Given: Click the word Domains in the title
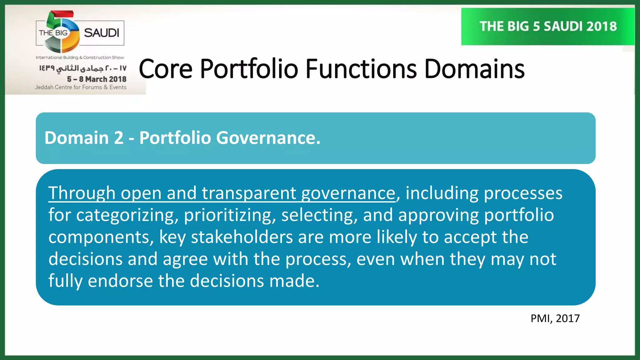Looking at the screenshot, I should click(x=474, y=69).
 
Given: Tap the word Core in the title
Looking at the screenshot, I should click(x=165, y=69).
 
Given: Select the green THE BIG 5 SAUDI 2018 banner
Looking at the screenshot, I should click(x=548, y=27).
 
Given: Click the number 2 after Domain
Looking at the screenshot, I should click(x=118, y=138).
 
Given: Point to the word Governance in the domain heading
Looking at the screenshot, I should click(x=268, y=138).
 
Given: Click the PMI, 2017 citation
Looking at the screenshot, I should click(x=555, y=318).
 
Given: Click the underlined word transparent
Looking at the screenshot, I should click(x=249, y=193).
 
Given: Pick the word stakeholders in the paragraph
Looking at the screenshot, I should click(x=242, y=237).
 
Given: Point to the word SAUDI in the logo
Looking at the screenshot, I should click(x=102, y=33).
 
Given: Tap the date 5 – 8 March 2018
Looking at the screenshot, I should click(x=97, y=79).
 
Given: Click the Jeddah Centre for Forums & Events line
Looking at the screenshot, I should click(x=81, y=87).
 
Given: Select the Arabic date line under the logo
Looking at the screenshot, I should click(x=83, y=68).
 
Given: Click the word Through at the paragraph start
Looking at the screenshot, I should click(x=82, y=193).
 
